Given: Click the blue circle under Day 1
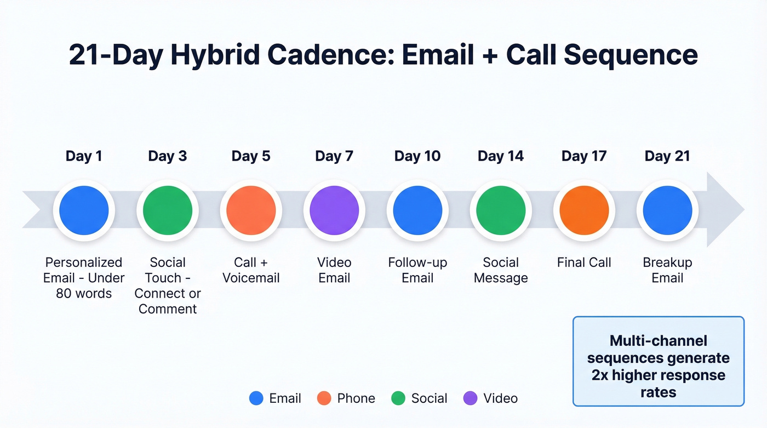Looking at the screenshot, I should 84,210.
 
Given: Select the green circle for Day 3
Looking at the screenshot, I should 168,210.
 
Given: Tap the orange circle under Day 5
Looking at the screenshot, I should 251,210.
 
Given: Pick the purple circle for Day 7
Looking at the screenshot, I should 334,210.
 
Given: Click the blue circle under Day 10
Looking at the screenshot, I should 417,210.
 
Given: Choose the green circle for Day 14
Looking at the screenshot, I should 501,210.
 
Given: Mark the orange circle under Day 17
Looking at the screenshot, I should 584,210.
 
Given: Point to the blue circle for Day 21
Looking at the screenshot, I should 667,210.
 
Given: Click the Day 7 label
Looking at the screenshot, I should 334,156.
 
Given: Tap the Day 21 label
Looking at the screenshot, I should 667,156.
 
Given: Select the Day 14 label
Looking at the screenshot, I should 501,156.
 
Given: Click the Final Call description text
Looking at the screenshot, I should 584,262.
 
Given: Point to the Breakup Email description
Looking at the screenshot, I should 667,270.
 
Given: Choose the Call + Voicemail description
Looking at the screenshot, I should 251,270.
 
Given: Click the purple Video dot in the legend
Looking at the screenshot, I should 471,398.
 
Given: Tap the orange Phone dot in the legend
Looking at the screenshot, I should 324,398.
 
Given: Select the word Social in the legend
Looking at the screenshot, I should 430,398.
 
